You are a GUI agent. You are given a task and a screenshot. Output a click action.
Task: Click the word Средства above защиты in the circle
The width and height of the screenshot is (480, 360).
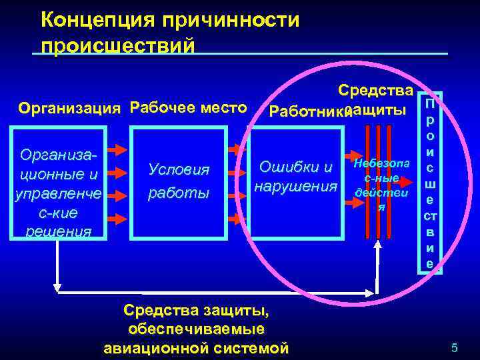click(376, 90)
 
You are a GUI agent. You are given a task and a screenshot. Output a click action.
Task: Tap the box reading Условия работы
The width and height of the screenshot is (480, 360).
click(179, 183)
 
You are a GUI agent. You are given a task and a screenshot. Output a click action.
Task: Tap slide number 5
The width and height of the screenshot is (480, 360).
click(455, 347)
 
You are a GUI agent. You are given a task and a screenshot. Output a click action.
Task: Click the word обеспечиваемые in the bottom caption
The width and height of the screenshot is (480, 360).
click(197, 329)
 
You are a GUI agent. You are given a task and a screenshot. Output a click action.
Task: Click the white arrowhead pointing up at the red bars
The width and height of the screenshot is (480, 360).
click(378, 244)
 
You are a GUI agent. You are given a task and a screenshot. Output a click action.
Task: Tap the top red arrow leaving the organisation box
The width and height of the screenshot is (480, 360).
click(117, 149)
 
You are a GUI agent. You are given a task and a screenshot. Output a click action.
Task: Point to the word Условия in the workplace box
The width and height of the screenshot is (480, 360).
click(179, 171)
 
